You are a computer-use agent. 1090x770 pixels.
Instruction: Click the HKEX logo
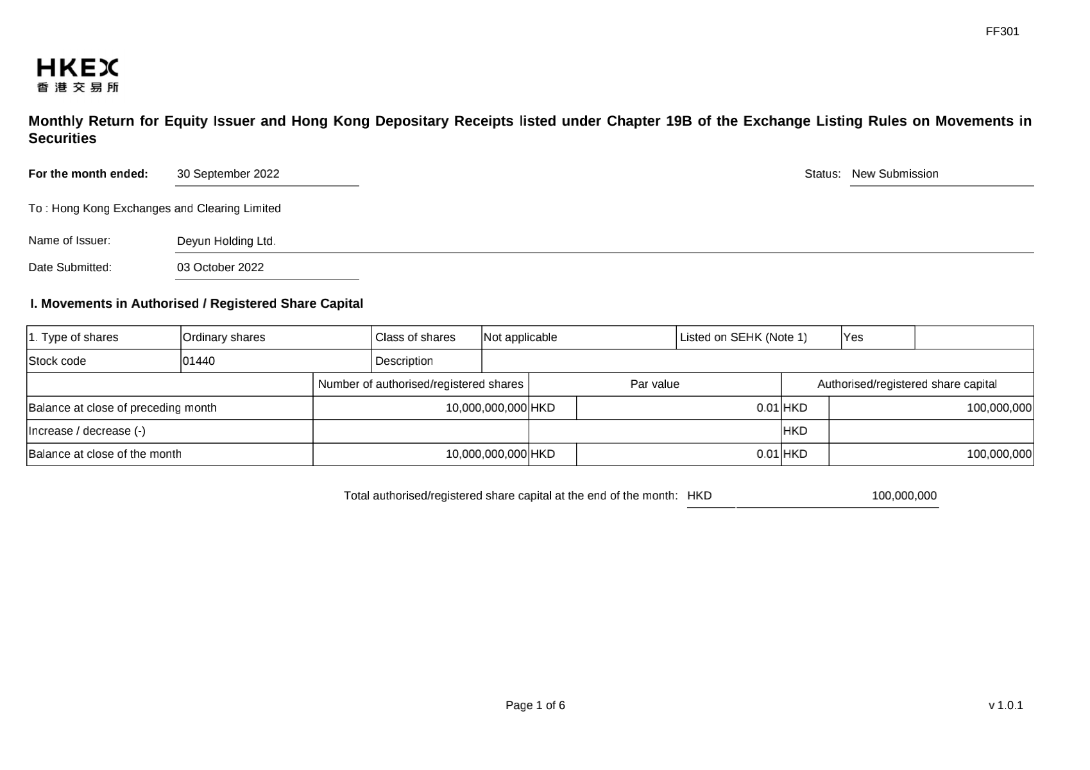(x=78, y=75)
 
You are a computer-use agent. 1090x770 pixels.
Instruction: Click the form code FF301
(x=1002, y=31)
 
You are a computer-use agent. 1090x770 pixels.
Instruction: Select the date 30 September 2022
(x=228, y=174)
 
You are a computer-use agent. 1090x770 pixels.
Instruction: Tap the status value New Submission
(x=895, y=174)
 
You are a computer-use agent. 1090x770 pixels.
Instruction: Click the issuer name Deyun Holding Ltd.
(x=226, y=241)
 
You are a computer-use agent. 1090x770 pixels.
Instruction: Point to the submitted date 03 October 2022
(x=220, y=267)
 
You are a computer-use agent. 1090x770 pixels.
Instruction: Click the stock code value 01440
(x=199, y=361)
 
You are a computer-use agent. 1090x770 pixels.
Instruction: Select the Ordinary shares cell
(x=224, y=337)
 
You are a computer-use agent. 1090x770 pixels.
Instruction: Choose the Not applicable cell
(x=520, y=337)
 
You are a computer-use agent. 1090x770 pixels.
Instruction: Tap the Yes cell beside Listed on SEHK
(x=853, y=337)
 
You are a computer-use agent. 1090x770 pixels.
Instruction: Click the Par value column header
(x=654, y=384)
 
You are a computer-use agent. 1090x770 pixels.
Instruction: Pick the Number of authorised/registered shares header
(x=421, y=384)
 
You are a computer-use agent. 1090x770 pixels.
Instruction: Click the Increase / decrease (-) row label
(x=87, y=431)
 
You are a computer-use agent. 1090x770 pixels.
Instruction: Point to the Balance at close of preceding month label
(x=123, y=408)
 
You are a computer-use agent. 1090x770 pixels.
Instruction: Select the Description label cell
(x=404, y=361)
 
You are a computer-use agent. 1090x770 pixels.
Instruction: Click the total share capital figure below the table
(x=904, y=496)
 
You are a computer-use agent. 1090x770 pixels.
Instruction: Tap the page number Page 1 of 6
(x=535, y=705)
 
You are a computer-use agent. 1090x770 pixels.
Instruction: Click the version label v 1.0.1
(x=1005, y=705)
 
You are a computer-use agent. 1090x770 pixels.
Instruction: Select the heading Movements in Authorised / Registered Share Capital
(x=196, y=303)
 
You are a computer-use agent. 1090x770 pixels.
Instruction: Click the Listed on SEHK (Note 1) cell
(x=743, y=337)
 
